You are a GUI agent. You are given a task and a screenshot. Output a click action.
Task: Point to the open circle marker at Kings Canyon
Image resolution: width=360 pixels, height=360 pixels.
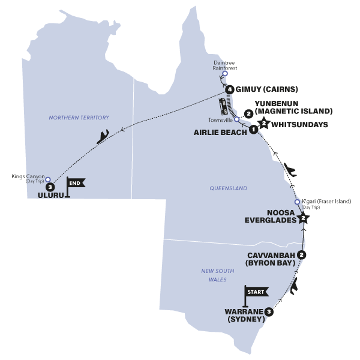pos(49,179)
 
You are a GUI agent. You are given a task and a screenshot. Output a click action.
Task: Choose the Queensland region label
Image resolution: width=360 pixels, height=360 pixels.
pos(228,188)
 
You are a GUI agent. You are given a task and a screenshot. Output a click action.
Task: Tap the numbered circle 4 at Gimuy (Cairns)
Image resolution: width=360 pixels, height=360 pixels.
pos(229,89)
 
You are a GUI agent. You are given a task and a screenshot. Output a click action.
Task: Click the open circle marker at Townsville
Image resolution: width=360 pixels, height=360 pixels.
pos(236,119)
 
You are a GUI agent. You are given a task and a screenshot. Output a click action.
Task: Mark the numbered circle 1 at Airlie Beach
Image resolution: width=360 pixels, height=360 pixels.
pos(254,128)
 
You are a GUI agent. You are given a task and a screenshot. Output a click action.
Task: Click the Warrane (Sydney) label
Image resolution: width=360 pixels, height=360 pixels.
pos(244,316)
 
